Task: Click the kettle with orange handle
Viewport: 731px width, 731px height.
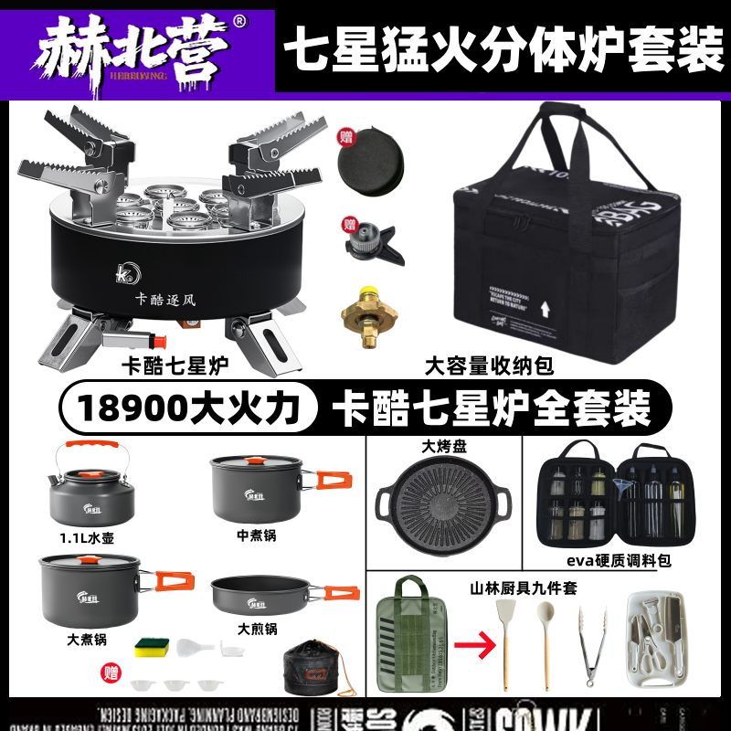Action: [x=90, y=486]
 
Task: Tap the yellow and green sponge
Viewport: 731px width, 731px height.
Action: [x=153, y=649]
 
